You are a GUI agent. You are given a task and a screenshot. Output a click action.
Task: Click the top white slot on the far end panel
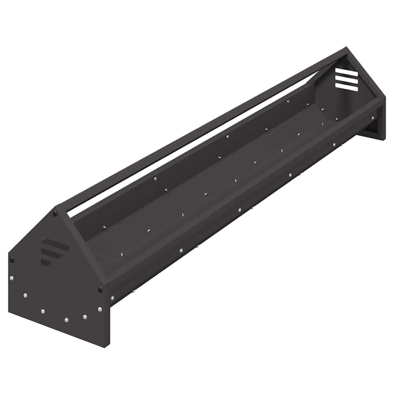click(x=346, y=74)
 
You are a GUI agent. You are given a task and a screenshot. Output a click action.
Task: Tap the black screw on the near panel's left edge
click(x=12, y=259)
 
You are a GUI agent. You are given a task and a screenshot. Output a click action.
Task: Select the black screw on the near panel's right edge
click(x=101, y=290)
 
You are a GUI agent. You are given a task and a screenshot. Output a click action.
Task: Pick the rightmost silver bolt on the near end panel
click(x=99, y=309)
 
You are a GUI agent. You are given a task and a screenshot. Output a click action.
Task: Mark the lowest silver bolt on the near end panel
click(x=66, y=320)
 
